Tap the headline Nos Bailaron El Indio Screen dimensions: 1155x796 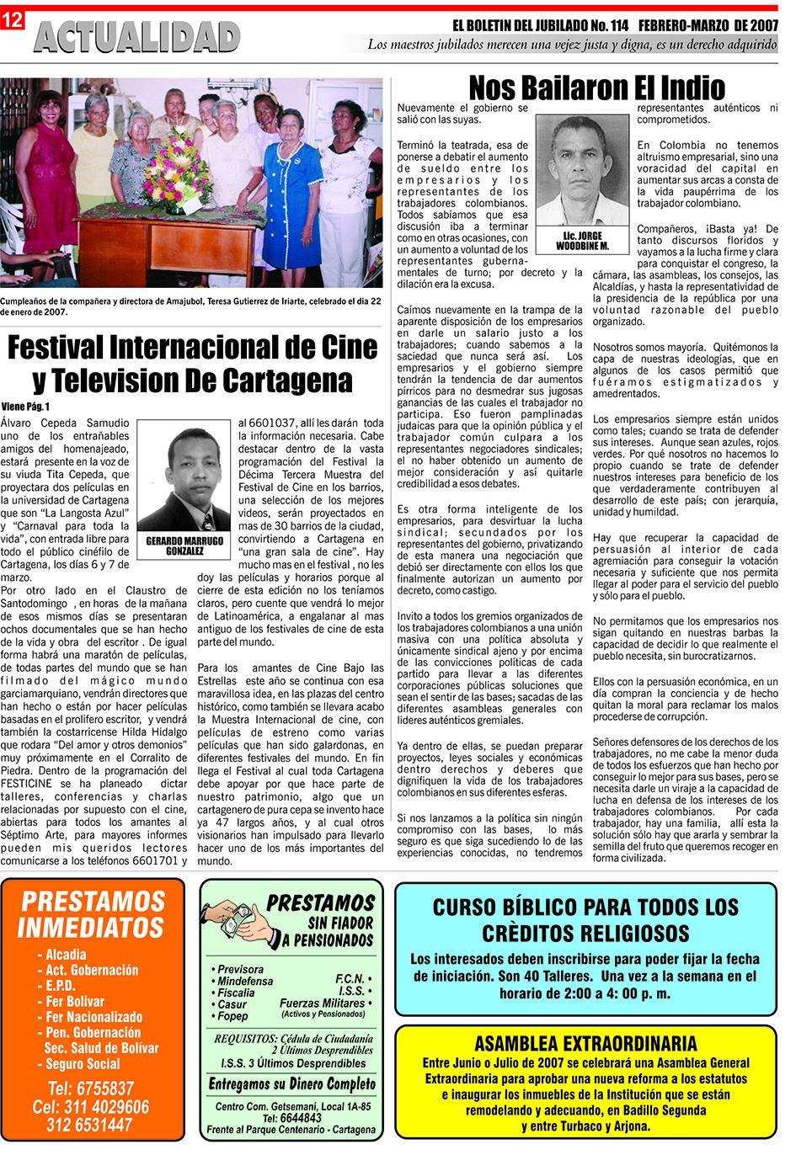point(596,87)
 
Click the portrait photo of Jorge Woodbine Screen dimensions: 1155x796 point(581,172)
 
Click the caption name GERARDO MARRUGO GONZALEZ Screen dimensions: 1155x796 point(184,545)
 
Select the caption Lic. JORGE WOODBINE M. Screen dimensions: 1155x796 point(581,241)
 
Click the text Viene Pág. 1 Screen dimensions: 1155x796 point(26,407)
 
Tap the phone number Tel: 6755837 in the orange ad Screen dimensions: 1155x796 point(91,1088)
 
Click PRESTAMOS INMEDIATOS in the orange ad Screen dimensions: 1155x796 point(91,914)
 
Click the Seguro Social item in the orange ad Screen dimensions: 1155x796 point(83,1064)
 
